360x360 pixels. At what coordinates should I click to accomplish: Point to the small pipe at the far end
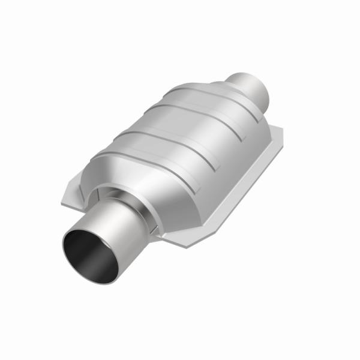click(249, 87)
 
